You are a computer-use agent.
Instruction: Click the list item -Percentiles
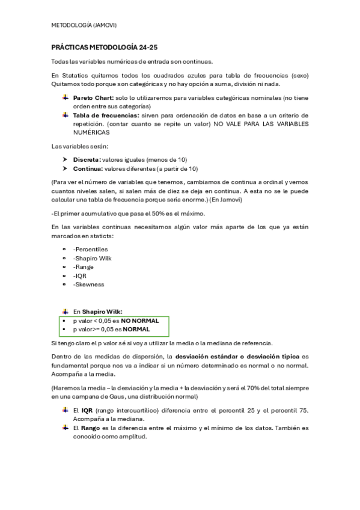point(90,248)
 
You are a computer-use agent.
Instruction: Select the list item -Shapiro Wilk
point(93,257)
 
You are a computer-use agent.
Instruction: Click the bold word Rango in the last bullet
point(91,428)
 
